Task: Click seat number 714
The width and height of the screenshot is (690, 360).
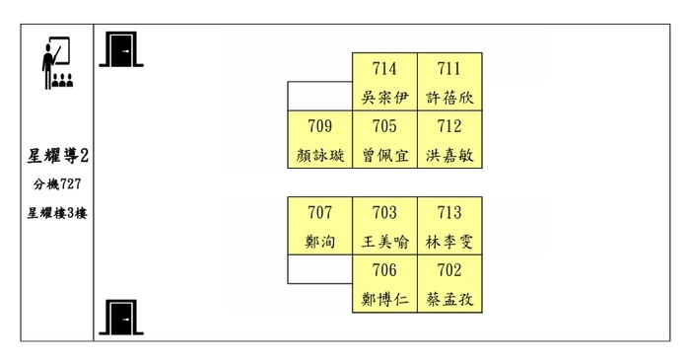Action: coord(385,68)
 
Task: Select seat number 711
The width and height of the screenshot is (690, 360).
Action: coord(449,68)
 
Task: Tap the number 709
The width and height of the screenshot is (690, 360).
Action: coord(320,125)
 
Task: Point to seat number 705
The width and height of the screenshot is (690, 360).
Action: coord(385,125)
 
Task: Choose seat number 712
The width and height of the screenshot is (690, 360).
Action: coord(449,125)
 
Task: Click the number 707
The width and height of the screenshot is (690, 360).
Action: coord(320,212)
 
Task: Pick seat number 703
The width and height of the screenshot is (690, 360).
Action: coord(385,212)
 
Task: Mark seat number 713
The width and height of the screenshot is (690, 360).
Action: coord(449,212)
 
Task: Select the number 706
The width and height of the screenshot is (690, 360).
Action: coord(385,270)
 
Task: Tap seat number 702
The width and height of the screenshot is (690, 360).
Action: coord(449,270)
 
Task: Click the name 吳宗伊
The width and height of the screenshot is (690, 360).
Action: coord(385,98)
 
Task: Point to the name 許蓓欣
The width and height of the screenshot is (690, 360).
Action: coord(449,98)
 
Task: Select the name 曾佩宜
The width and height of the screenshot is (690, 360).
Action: coord(385,155)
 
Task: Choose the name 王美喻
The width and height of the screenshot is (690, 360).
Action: coord(385,242)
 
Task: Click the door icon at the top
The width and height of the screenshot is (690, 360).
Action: coord(121,49)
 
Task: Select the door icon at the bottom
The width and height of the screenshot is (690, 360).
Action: coord(121,316)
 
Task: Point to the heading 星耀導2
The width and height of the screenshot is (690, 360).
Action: coord(58,156)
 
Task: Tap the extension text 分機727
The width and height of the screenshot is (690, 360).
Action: coord(57,184)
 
